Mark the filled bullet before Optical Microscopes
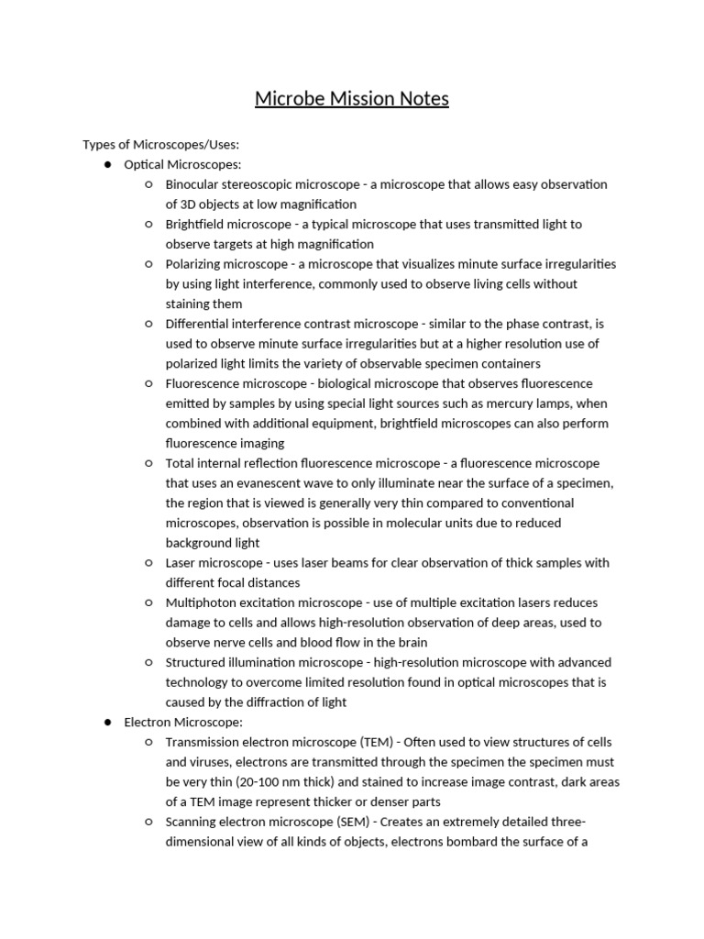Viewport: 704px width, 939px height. pyautogui.click(x=107, y=165)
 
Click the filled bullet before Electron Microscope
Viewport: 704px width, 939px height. pyautogui.click(x=107, y=723)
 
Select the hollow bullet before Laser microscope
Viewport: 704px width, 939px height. pyautogui.click(x=149, y=563)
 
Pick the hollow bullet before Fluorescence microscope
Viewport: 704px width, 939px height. pyautogui.click(x=149, y=383)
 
